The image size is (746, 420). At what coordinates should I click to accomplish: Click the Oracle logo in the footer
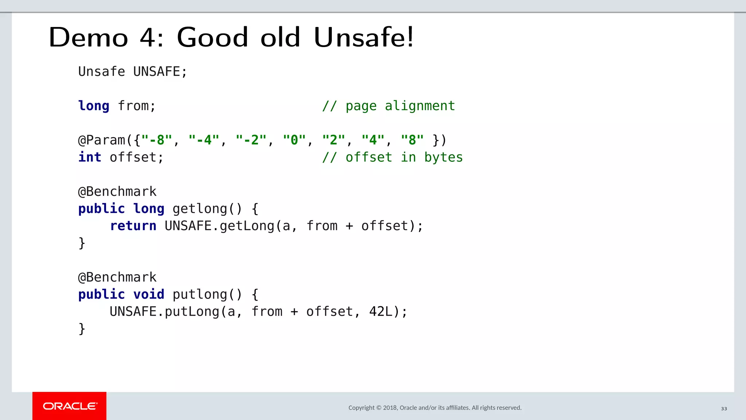click(x=70, y=406)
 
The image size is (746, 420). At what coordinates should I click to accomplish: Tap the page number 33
click(x=724, y=409)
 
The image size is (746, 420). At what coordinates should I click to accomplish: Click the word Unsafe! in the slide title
click(x=364, y=37)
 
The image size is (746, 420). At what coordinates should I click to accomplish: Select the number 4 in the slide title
click(x=148, y=37)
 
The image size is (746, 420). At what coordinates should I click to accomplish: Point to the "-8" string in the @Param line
click(x=156, y=140)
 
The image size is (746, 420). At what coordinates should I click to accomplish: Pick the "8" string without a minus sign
click(x=412, y=140)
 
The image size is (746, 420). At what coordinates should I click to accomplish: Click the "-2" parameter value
click(x=251, y=140)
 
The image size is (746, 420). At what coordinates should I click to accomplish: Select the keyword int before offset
click(x=90, y=157)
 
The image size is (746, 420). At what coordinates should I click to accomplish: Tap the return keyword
click(x=133, y=226)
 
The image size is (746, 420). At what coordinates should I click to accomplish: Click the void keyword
click(x=149, y=294)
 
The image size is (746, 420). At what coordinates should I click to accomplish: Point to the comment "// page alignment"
click(x=388, y=106)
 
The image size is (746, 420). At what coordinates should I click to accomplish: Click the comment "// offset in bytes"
click(x=392, y=157)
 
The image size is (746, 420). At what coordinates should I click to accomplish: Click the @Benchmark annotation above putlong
click(x=117, y=277)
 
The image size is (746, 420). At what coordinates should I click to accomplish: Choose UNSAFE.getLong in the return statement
click(x=219, y=226)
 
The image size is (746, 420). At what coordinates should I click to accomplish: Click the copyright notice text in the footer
click(x=435, y=408)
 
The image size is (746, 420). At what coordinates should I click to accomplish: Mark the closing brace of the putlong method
click(x=82, y=328)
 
